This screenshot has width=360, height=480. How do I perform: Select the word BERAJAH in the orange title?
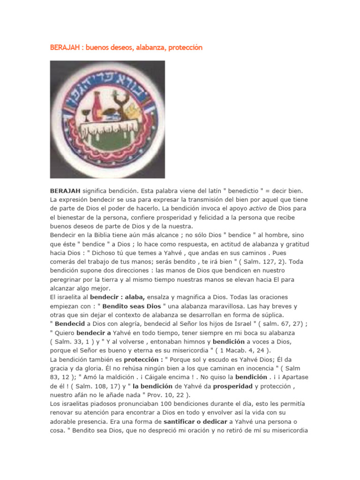pos(64,48)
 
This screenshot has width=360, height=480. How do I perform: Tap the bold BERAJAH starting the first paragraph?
pos(65,191)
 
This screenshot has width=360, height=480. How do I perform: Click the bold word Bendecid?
pos(70,323)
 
